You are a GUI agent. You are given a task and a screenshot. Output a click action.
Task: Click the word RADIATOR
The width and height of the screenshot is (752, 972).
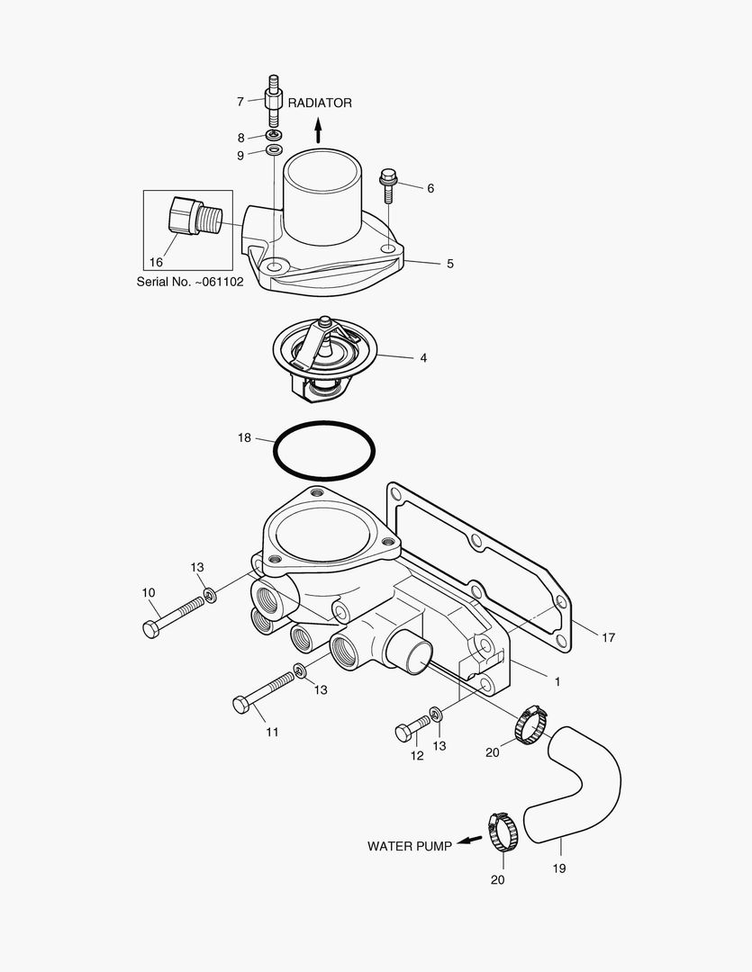320,103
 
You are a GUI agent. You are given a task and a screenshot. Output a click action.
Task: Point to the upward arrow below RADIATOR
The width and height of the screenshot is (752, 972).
318,134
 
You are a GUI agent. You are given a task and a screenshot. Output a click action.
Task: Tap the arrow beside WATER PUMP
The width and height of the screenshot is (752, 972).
468,842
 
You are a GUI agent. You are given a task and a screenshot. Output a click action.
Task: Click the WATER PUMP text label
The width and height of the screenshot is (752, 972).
409,846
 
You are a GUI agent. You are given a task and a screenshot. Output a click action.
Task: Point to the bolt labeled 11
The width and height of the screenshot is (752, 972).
266,688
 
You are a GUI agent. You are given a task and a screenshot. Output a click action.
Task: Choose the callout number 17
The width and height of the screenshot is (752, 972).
608,637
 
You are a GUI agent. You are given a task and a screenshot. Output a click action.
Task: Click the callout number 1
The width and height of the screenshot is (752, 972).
557,681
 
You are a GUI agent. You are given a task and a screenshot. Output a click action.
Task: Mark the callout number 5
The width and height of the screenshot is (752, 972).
449,264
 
